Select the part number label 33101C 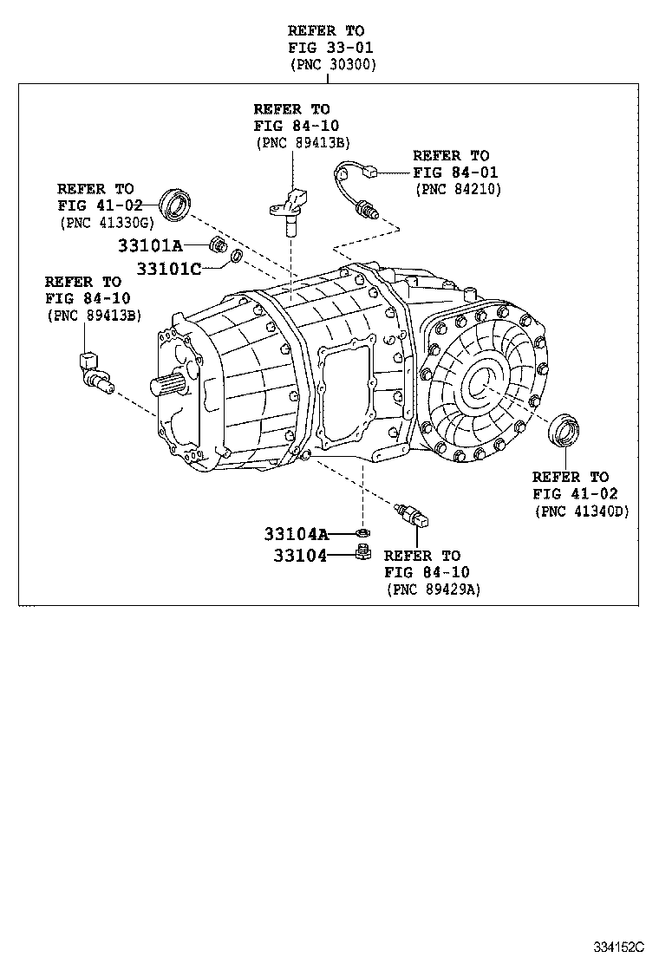pyautogui.click(x=168, y=269)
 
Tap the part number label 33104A pyautogui.click(x=297, y=533)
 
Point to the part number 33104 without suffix pyautogui.click(x=300, y=556)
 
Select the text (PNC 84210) pyautogui.click(x=457, y=188)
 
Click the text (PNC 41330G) pyautogui.click(x=100, y=222)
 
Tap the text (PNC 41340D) pyautogui.click(x=581, y=511)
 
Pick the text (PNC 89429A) pyautogui.click(x=434, y=589)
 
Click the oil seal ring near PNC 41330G pyautogui.click(x=177, y=205)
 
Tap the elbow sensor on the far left pyautogui.click(x=93, y=370)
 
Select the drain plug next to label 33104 pyautogui.click(x=363, y=554)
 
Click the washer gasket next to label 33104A pyautogui.click(x=363, y=533)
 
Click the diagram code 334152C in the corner pyautogui.click(x=620, y=943)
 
